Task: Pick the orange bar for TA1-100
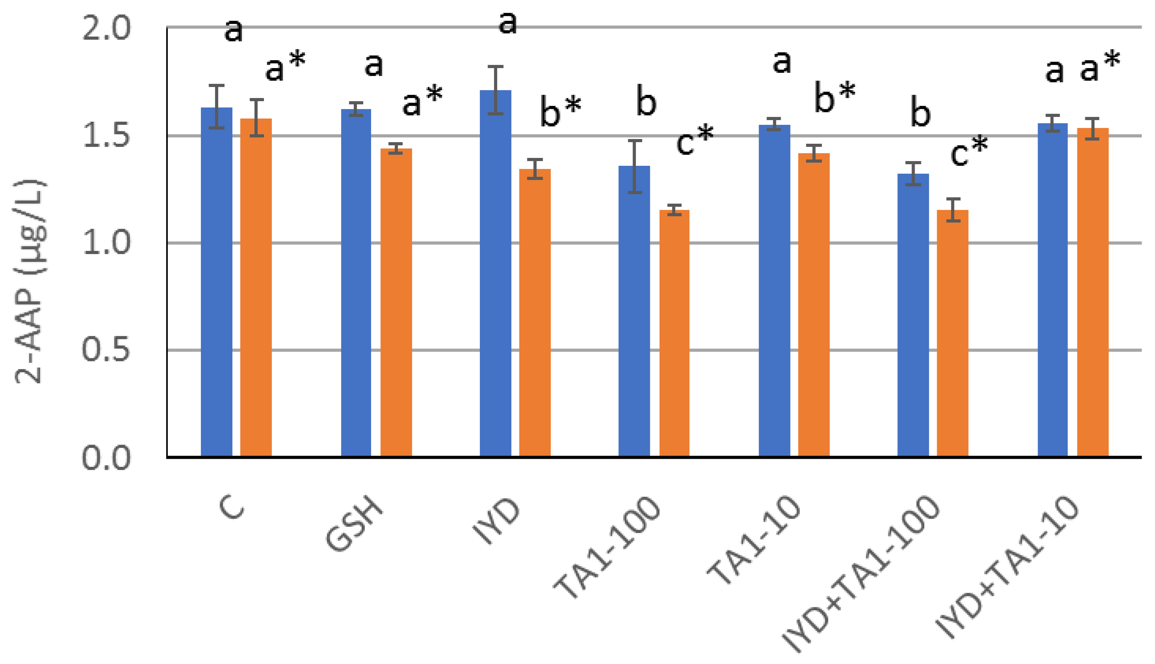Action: [674, 333]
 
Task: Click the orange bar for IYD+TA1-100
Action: [953, 333]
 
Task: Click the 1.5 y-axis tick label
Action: [106, 135]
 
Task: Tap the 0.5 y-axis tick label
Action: [106, 350]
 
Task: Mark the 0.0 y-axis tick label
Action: [106, 457]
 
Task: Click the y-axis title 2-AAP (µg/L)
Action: [30, 281]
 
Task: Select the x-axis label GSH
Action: [355, 525]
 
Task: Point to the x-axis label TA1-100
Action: [607, 547]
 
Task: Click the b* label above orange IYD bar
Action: [560, 111]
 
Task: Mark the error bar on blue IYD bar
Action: [496, 90]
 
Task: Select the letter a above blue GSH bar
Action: [373, 65]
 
